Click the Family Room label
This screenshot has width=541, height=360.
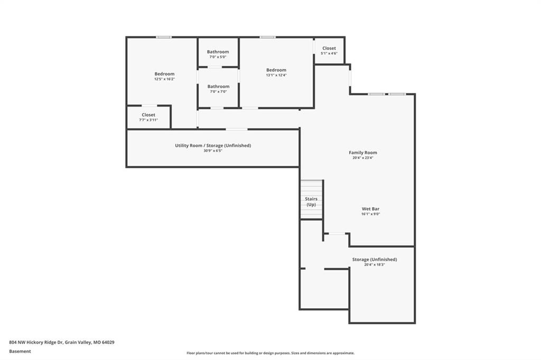362,153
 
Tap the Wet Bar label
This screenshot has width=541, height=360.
370,209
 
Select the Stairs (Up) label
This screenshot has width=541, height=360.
311,202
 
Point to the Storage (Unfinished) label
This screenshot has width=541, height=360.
375,259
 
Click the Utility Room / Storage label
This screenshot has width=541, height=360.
213,146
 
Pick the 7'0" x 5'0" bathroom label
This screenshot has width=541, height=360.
218,52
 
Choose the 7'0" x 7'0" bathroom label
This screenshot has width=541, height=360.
218,87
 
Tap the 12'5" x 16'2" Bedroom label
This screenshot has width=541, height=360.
164,74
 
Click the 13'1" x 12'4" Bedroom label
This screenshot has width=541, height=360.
276,70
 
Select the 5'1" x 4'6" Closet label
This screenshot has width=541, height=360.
329,48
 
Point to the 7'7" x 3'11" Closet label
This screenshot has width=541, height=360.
148,115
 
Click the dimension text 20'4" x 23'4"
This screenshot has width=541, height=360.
362,158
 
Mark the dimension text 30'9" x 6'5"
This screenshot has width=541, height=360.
213,150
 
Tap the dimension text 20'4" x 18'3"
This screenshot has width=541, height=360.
375,265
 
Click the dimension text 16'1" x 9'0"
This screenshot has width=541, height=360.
370,214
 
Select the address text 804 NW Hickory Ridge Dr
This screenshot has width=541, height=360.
36,343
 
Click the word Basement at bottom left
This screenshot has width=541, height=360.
20,352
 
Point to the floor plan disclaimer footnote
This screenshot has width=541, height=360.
270,353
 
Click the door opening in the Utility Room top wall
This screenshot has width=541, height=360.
237,129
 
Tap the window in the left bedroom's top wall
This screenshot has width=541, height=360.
164,37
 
